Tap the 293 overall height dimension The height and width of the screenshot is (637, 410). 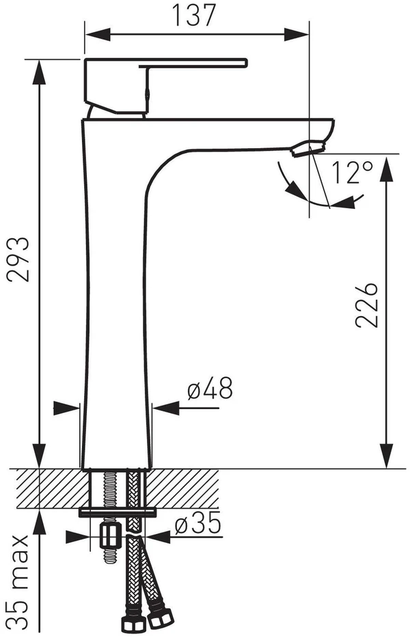click(18, 259)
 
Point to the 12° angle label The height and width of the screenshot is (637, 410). click(352, 172)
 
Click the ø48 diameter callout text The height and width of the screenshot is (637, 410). click(210, 388)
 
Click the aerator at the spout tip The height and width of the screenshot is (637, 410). click(308, 148)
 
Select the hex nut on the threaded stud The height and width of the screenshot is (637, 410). click(111, 536)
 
